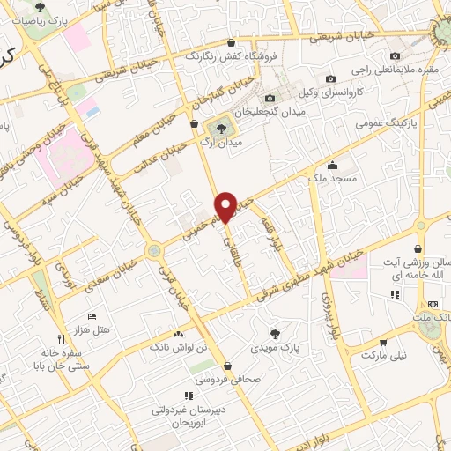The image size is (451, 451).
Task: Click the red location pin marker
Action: click(x=226, y=206)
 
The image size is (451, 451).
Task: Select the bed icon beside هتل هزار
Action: click(x=92, y=316)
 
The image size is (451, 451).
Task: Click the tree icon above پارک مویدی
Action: click(x=275, y=334)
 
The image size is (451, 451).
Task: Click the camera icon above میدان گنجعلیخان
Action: click(x=270, y=98)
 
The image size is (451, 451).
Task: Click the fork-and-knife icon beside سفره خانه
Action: click(x=60, y=337)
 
